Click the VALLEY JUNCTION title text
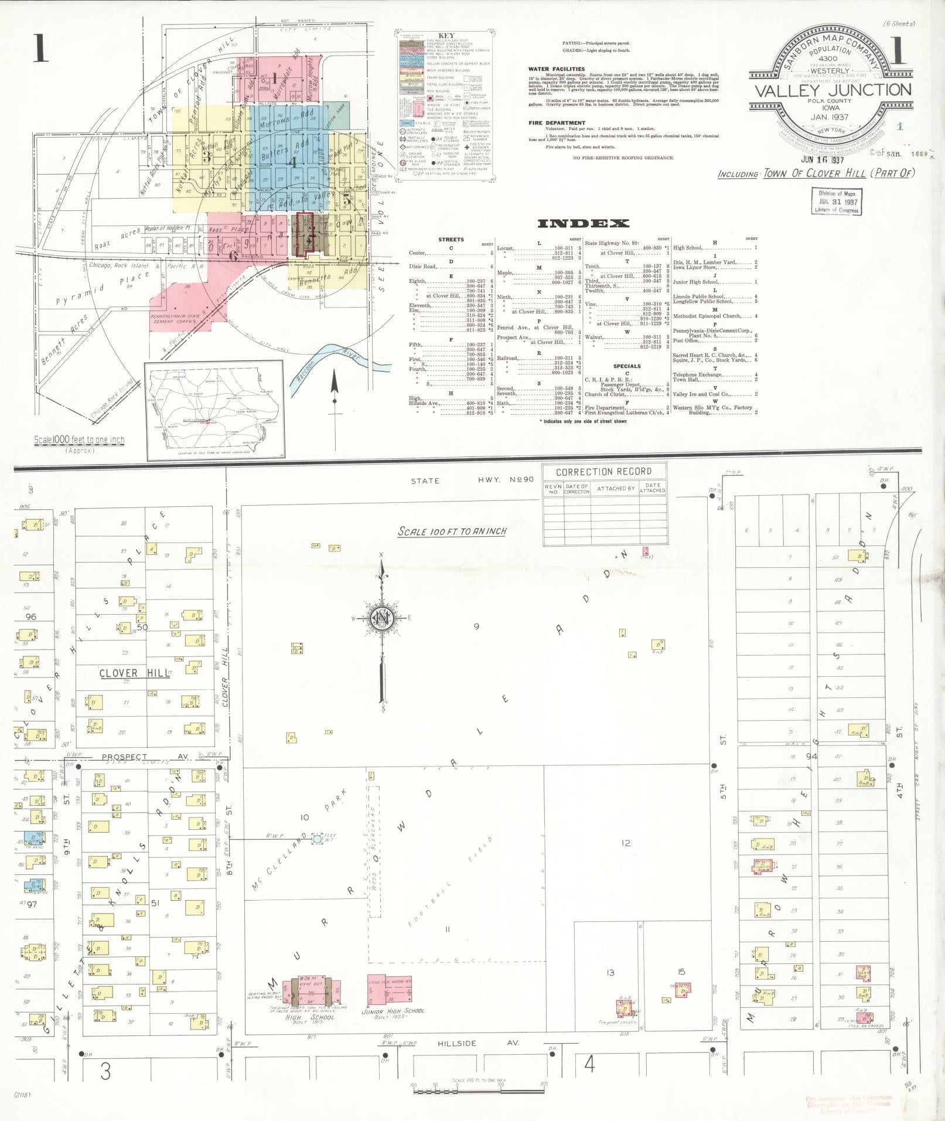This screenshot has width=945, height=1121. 832,90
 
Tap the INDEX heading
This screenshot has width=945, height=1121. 583,223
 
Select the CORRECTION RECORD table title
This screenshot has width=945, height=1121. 603,472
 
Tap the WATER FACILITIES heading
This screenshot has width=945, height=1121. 557,69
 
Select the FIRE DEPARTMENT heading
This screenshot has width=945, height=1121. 557,123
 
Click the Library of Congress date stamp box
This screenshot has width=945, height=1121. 837,201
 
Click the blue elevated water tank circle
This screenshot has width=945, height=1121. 317,839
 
